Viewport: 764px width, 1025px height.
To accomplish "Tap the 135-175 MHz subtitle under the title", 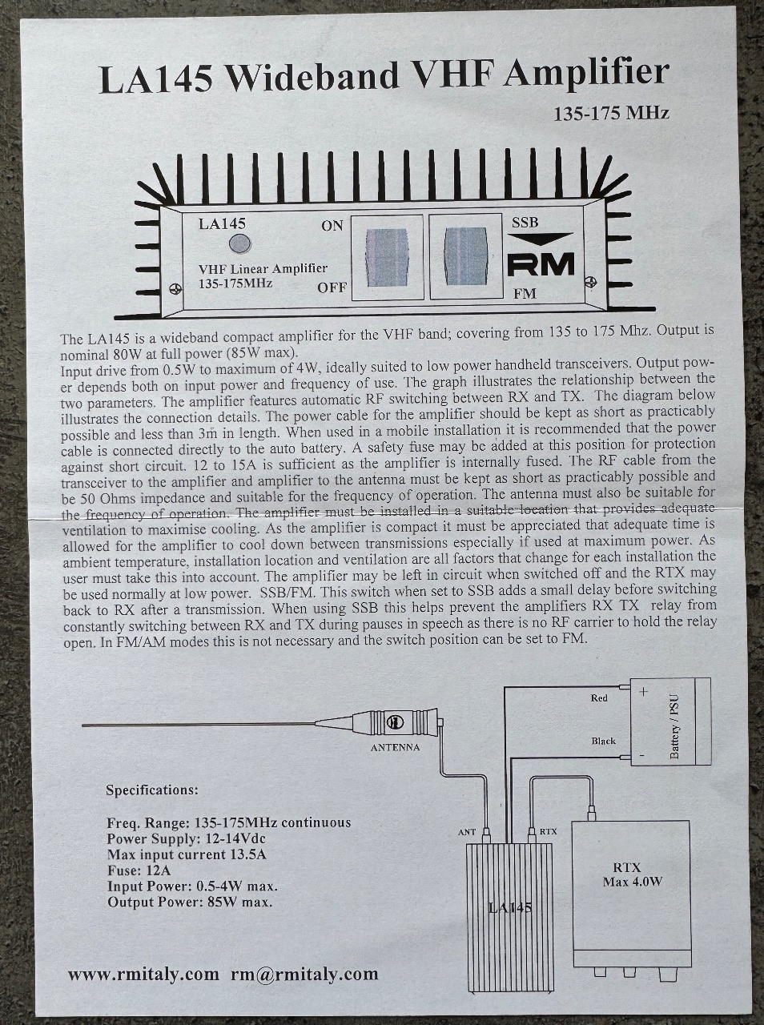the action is pyautogui.click(x=611, y=114).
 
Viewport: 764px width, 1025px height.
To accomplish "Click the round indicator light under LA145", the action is pyautogui.click(x=240, y=243).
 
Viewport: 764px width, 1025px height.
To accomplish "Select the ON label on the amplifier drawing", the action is pyautogui.click(x=332, y=226).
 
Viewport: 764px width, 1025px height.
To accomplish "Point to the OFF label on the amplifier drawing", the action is pyautogui.click(x=332, y=287).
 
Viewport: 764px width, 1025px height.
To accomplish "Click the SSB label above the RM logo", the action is pyautogui.click(x=525, y=223).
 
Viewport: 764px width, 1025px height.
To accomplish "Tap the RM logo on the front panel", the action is pyautogui.click(x=541, y=265).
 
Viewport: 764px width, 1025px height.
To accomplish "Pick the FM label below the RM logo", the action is pyautogui.click(x=525, y=294).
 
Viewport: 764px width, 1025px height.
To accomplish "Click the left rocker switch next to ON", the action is pyautogui.click(x=387, y=257).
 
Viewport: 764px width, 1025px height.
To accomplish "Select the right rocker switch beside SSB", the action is pyautogui.click(x=464, y=257).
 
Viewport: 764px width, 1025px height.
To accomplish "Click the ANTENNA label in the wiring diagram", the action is pyautogui.click(x=395, y=748).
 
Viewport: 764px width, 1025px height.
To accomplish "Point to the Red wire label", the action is pyautogui.click(x=599, y=698).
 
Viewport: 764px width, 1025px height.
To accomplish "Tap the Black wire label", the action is pyautogui.click(x=603, y=741).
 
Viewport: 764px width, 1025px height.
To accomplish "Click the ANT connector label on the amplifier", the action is pyautogui.click(x=467, y=832).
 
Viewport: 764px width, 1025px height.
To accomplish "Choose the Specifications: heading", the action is pyautogui.click(x=152, y=790).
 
